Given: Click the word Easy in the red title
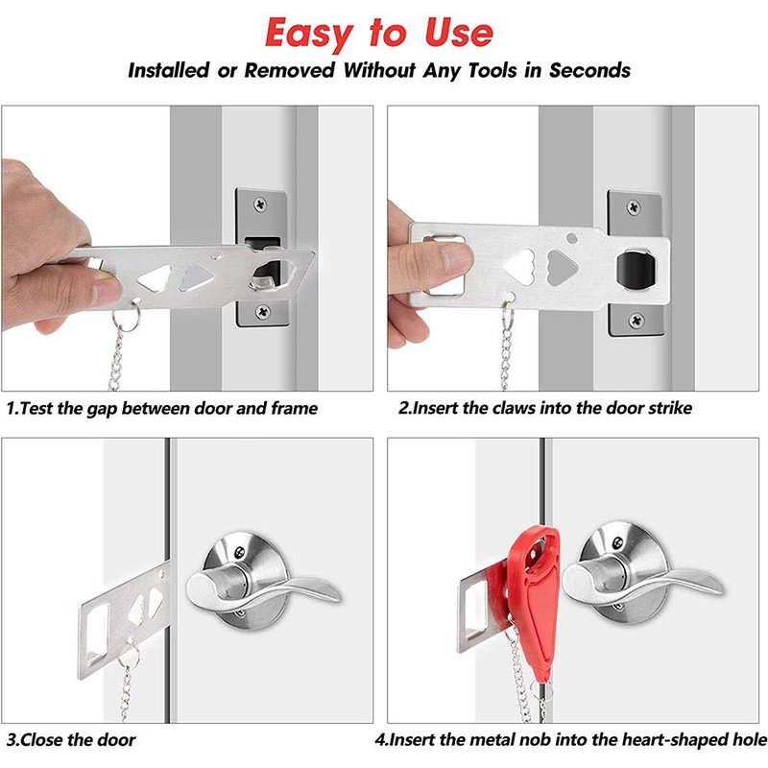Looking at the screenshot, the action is (308, 34).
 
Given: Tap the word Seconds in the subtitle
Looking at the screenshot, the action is (589, 70).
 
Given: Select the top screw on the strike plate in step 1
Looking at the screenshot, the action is (260, 204).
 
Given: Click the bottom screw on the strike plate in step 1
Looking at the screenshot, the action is (263, 310).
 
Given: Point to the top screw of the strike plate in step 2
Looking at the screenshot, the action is (634, 207).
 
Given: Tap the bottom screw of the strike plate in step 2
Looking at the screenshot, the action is (636, 321).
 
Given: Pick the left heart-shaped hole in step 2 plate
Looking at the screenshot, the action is (519, 267).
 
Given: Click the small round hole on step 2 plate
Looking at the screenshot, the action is (571, 238).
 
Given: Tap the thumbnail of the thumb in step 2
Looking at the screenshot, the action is (456, 255).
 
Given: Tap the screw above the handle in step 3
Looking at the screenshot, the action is (240, 552).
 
